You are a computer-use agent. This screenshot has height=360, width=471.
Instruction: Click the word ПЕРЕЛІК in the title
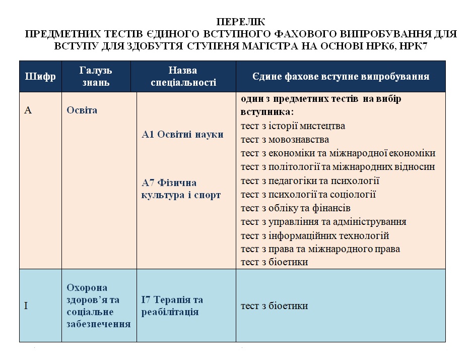tap(241, 22)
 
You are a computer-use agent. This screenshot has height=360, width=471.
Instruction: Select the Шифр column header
tap(40, 77)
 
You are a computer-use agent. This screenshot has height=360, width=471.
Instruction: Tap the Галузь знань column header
tap(96, 76)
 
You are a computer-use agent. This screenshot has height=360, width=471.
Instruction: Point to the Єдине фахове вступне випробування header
tap(341, 77)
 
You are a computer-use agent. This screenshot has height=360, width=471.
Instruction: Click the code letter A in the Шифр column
tap(28, 110)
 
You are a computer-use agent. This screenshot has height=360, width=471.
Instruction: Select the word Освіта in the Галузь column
tap(82, 110)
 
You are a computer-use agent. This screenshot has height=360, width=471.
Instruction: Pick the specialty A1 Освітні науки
tap(182, 135)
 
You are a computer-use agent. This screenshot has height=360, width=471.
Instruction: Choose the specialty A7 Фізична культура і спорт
tap(181, 189)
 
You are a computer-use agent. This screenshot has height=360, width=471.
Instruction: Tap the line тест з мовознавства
tap(285, 140)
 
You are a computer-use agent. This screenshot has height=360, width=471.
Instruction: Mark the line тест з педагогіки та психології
tap(310, 181)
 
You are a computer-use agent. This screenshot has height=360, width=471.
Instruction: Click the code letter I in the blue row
tap(26, 306)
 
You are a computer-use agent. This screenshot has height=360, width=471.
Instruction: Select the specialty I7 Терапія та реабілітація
tap(172, 306)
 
